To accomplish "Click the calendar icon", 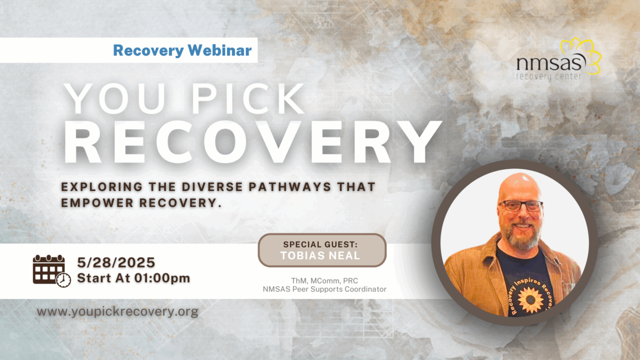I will point(49,269).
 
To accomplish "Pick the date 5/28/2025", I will point(116,262).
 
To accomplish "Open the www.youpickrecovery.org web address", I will point(117,312).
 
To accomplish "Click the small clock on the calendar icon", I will point(63,280).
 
